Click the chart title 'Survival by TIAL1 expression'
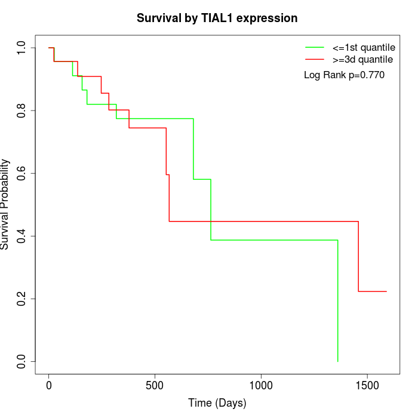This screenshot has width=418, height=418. [217, 18]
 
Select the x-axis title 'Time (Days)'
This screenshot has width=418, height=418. [217, 403]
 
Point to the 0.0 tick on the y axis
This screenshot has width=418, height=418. [21, 361]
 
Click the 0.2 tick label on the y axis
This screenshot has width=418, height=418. [21, 299]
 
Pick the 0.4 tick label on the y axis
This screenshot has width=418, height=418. [21, 236]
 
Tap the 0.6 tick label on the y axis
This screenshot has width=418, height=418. [21, 173]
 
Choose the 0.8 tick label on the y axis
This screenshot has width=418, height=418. [21, 110]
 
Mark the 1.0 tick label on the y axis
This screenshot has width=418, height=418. [21, 48]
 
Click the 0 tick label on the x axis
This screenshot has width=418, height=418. [49, 385]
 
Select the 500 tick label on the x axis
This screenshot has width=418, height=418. [155, 385]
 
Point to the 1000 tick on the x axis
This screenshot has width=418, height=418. [261, 385]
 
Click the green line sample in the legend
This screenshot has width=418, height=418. [315, 47]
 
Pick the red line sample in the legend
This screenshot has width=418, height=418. [315, 59]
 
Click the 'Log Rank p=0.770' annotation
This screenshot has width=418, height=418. [344, 75]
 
